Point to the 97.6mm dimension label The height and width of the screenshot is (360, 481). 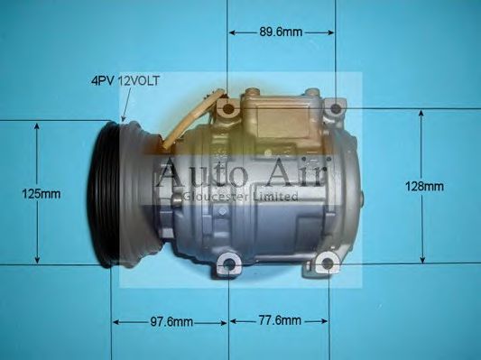tap(171, 321)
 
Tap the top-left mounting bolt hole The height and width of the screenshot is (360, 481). tap(228, 111)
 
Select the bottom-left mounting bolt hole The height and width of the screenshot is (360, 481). tap(229, 264)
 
